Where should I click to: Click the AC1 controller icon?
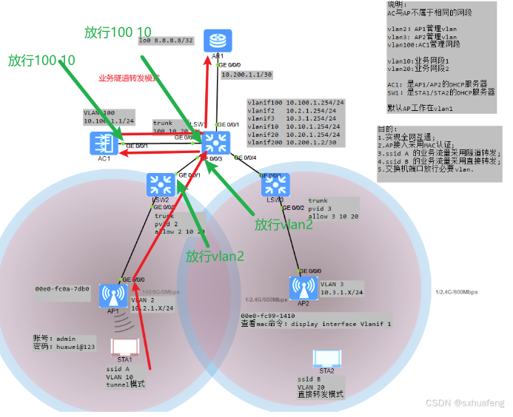[102, 143]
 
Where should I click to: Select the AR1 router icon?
[218, 41]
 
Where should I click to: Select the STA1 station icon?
[121, 347]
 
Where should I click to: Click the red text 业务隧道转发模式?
[129, 78]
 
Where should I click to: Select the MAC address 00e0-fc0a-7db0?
[62, 288]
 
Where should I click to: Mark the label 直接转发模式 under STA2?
[321, 394]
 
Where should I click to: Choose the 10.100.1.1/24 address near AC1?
[109, 120]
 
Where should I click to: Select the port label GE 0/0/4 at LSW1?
[245, 157]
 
